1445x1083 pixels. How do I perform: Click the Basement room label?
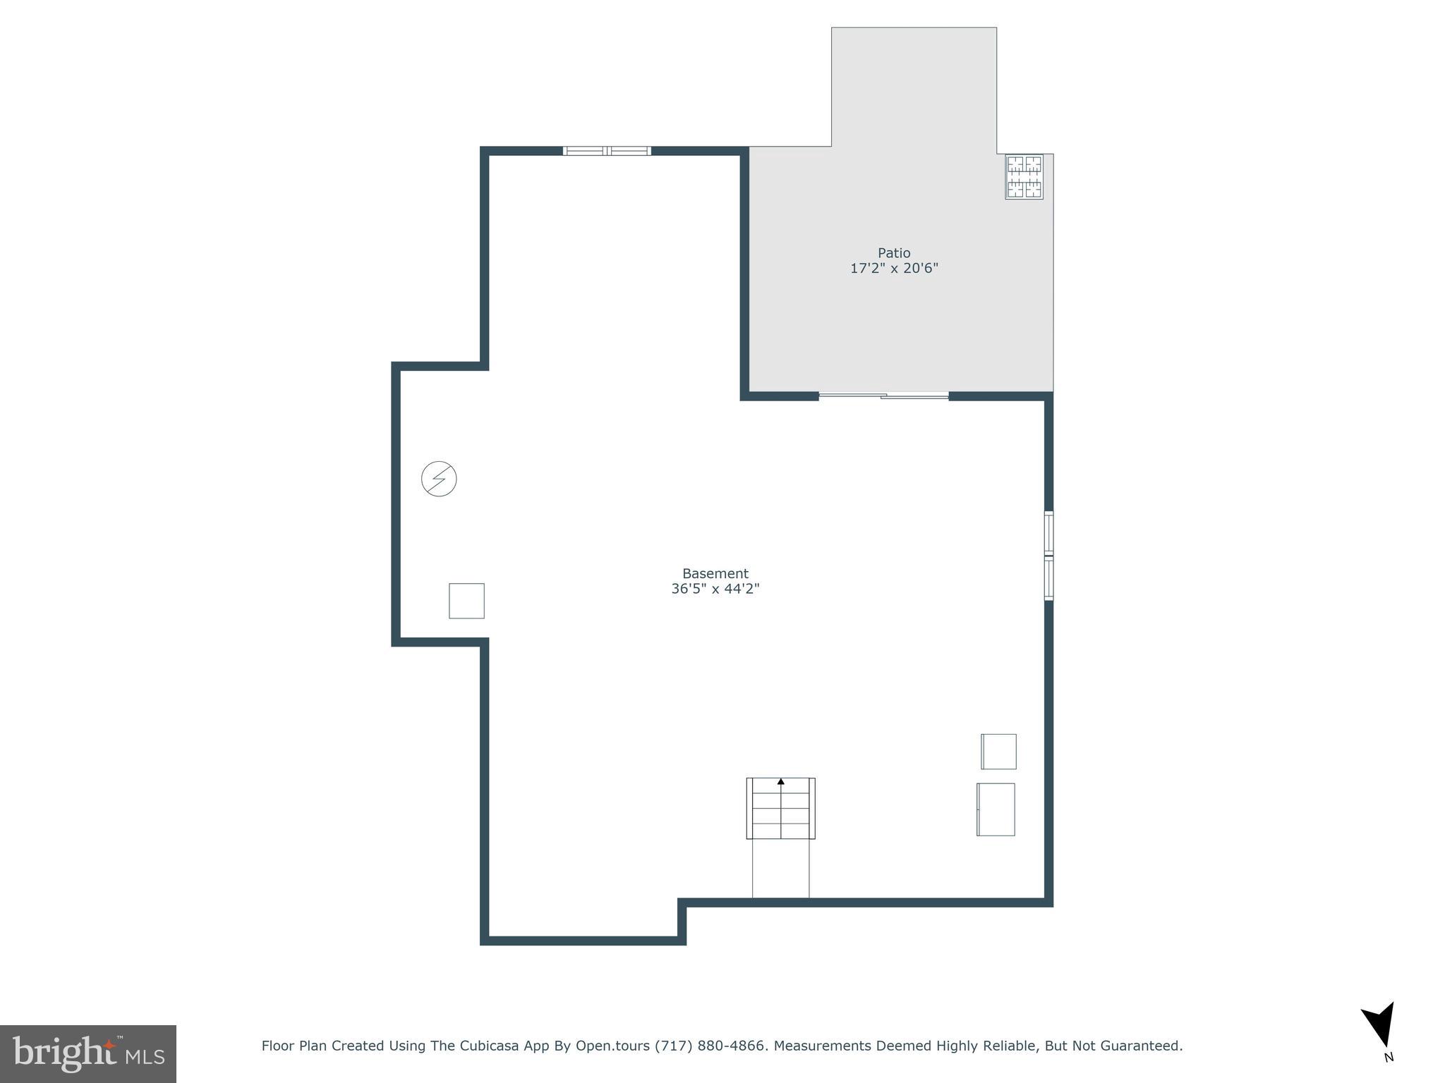coord(715,574)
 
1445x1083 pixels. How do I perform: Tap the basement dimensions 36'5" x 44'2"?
coord(715,589)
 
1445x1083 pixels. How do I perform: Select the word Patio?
coord(894,253)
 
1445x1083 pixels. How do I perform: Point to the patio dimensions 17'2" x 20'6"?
coord(894,269)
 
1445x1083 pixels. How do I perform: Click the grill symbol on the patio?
coord(1024,177)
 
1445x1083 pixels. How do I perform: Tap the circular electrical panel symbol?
coord(439,479)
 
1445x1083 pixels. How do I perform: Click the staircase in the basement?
coord(780,809)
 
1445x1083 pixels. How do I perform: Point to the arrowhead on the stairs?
coord(781,781)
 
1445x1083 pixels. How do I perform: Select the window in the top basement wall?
coord(607,151)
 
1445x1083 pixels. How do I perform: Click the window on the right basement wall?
coord(1049,556)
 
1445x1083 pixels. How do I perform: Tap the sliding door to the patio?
coord(883,396)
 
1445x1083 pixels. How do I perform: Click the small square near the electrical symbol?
coord(466,601)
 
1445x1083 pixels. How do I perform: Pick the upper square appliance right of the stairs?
coord(998,752)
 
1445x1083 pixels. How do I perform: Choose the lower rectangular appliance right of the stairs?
coord(996,809)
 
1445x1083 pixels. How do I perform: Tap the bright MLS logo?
coord(88,1053)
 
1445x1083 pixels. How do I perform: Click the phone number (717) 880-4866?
coord(710,1046)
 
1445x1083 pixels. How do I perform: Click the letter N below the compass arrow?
coord(1389,1057)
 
